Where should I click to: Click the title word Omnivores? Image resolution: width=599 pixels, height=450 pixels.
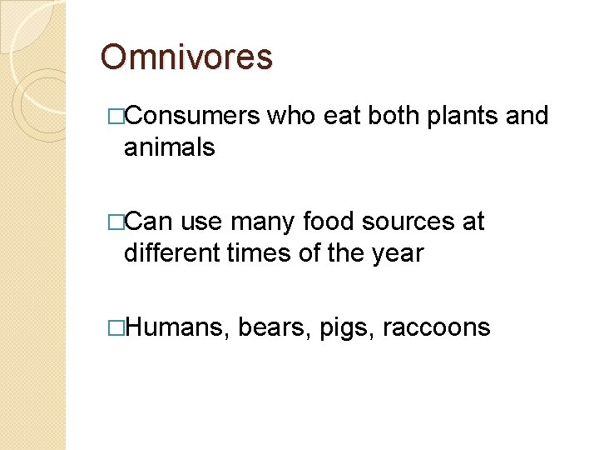[x=186, y=57]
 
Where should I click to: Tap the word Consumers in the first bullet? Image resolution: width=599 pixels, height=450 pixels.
[x=194, y=116]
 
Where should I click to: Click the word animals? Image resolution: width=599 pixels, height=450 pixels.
[x=169, y=147]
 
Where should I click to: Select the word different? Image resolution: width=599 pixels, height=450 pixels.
[x=172, y=252]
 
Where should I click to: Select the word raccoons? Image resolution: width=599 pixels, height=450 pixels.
[x=436, y=327]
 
